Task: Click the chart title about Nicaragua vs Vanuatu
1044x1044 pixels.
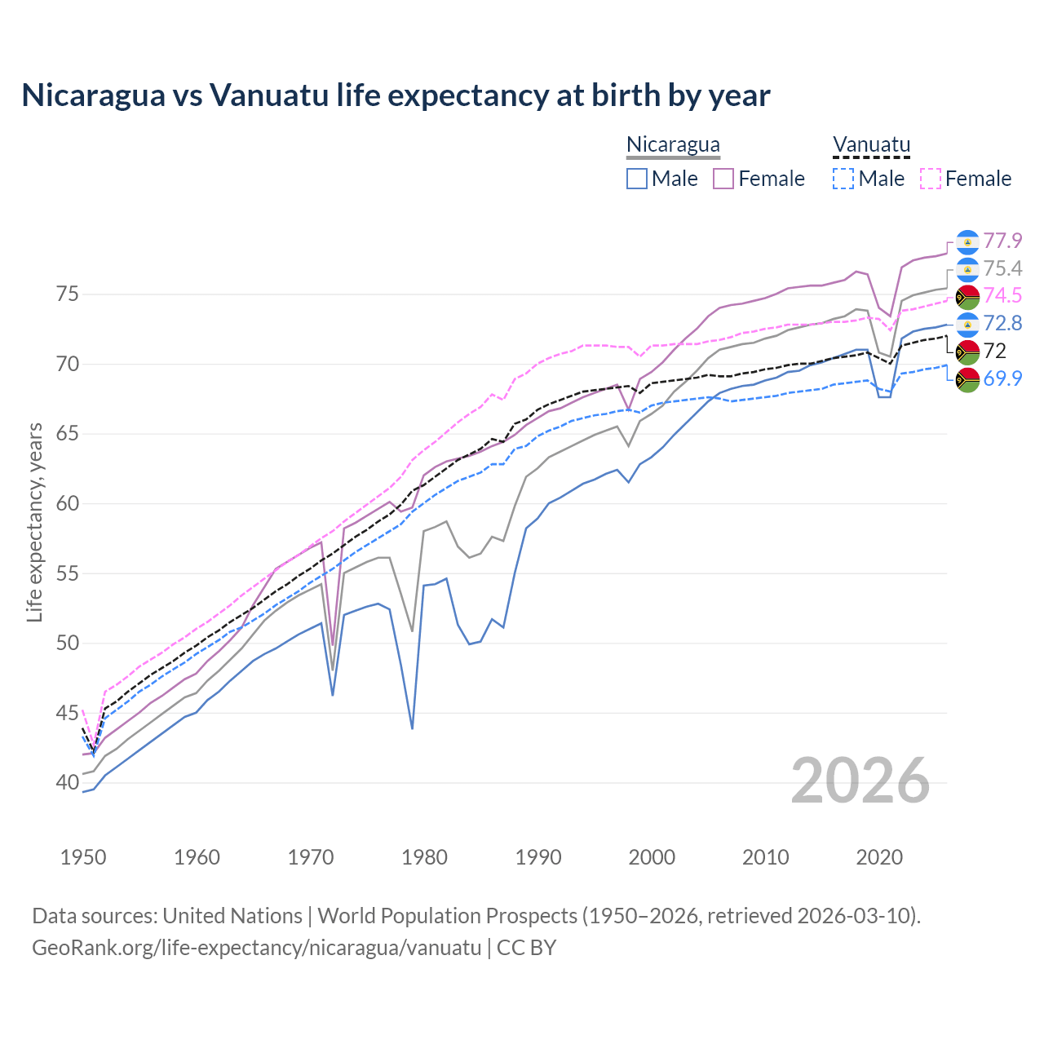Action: (x=396, y=95)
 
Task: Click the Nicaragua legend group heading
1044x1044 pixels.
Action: (x=673, y=145)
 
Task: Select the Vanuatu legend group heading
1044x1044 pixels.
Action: (x=871, y=145)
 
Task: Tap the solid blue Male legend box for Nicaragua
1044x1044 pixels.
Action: (x=637, y=179)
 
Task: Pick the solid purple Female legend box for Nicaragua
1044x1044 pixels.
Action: (x=723, y=179)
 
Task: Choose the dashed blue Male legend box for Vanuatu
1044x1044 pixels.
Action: (x=843, y=179)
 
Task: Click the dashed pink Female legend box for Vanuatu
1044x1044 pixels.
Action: (x=931, y=179)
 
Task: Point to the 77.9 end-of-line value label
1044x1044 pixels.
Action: (x=1002, y=241)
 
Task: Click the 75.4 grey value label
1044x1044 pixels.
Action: (x=1002, y=268)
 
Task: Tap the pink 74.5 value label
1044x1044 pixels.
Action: (x=1002, y=295)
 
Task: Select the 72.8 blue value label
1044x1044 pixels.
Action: (x=1002, y=323)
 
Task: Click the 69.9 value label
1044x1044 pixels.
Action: (x=1002, y=378)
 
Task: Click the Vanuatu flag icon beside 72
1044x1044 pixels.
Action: (x=967, y=352)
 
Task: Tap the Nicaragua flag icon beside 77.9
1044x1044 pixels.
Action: (x=967, y=241)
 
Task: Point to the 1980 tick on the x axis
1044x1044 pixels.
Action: (x=424, y=857)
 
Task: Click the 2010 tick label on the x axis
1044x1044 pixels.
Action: (x=765, y=857)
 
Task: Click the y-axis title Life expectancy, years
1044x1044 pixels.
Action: (x=34, y=522)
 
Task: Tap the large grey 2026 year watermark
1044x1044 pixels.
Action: (x=860, y=781)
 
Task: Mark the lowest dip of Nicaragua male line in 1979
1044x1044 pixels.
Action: (x=412, y=728)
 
